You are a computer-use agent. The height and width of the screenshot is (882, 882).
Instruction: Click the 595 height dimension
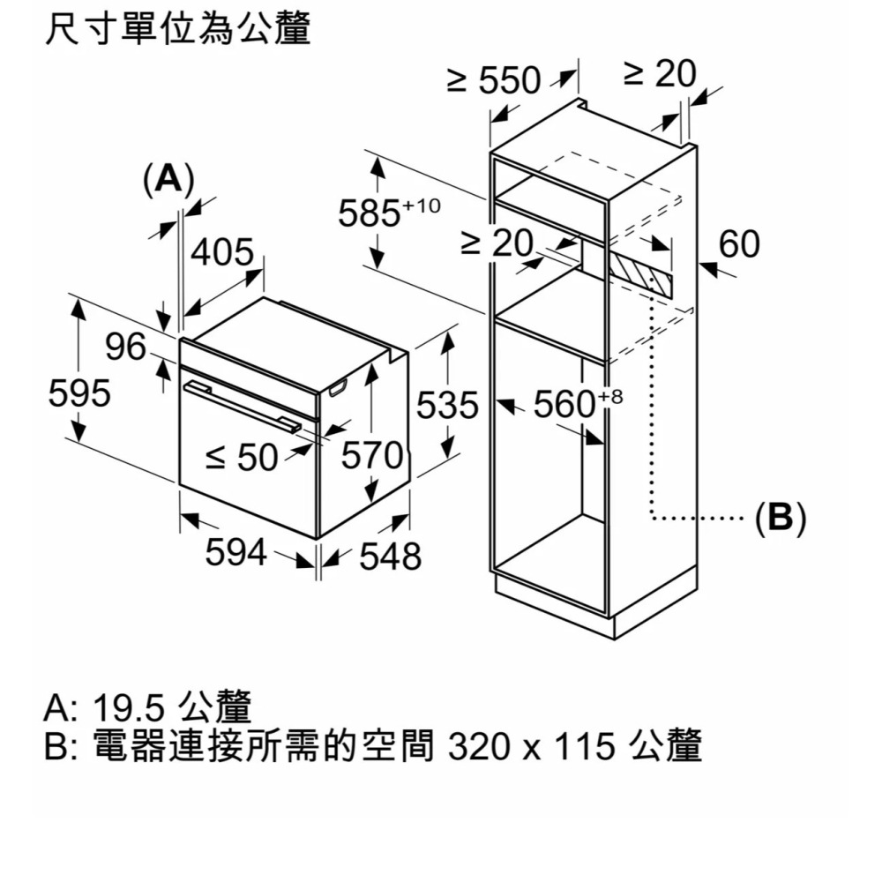79,393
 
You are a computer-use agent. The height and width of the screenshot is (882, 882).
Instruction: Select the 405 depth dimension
222,254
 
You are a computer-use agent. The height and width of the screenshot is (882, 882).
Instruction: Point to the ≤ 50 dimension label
241,456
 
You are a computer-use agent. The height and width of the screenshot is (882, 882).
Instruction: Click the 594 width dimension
235,553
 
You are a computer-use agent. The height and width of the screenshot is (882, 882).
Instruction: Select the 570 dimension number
372,456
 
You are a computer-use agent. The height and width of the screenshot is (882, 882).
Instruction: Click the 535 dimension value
446,407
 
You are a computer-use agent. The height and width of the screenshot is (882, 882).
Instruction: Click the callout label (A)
168,179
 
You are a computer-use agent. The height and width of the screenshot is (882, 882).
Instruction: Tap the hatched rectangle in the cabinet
643,273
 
